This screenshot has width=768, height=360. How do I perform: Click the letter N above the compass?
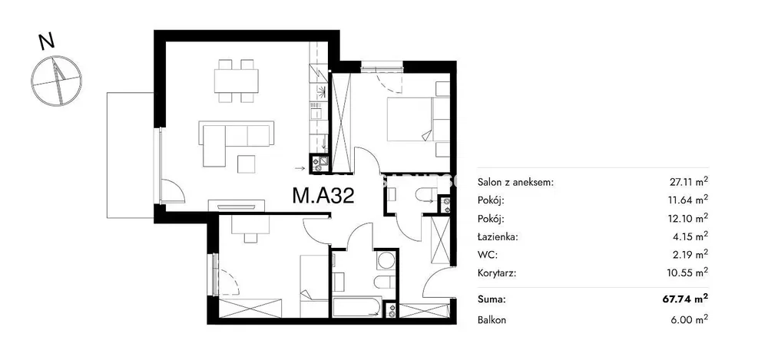(x=47, y=42)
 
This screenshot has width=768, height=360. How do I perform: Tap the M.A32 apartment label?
(x=323, y=196)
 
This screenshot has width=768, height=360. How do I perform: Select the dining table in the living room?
(x=236, y=81)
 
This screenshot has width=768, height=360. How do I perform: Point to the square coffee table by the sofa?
(x=247, y=163)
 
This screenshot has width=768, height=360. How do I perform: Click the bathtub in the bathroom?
(x=356, y=306)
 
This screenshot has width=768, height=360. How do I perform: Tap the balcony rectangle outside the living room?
(x=130, y=155)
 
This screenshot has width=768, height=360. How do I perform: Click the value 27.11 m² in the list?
(x=689, y=182)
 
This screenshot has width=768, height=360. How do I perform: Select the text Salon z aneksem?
(x=515, y=183)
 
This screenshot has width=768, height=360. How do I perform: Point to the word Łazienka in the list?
(x=498, y=236)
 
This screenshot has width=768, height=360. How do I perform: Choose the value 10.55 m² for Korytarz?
(x=689, y=272)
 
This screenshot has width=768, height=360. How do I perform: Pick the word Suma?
(x=492, y=299)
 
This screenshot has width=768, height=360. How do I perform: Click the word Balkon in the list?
(x=492, y=320)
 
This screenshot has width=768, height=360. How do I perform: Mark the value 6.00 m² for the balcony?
(x=690, y=320)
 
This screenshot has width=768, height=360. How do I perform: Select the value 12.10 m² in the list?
(x=689, y=219)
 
